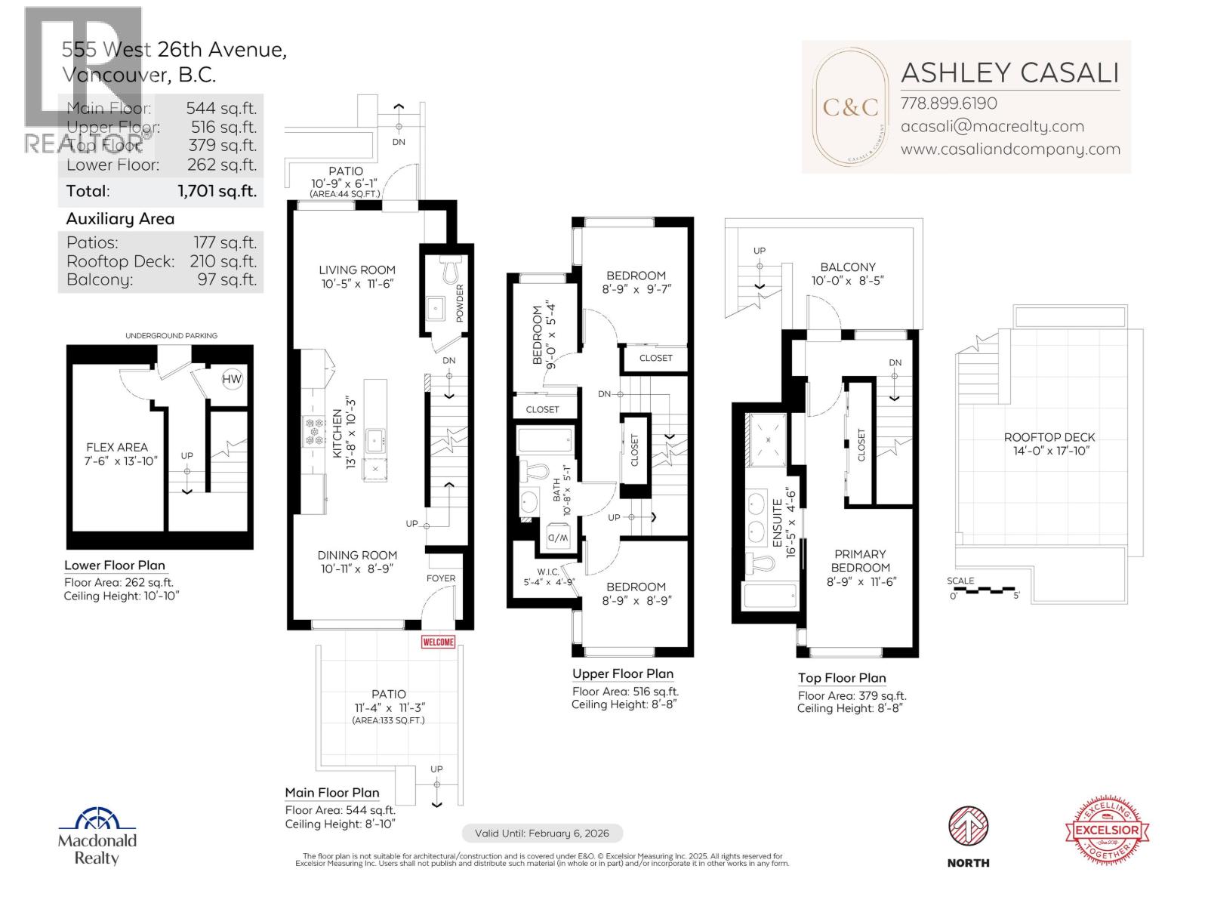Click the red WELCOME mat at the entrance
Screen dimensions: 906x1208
439,642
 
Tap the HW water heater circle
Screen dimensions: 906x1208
232,379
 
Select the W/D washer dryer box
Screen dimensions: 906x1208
556,537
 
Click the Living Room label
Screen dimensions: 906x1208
356,270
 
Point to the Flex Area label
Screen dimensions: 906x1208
117,447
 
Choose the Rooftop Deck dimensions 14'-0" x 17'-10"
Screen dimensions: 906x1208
1049,451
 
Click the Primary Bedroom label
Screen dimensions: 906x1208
860,561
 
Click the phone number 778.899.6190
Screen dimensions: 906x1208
948,103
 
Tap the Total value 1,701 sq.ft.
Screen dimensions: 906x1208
217,191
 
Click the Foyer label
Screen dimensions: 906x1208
441,578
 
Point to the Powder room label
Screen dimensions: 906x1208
460,303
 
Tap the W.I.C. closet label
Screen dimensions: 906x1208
547,572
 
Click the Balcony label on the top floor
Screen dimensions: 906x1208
848,267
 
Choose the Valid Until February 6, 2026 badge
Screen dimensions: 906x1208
541,834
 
